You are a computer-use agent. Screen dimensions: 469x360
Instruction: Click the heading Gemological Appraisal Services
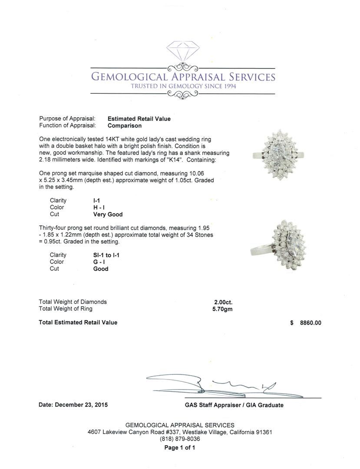tap(182, 77)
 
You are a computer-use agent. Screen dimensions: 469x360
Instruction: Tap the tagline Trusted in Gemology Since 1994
tap(182, 86)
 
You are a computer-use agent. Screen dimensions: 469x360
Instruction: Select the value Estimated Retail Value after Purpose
tap(139, 119)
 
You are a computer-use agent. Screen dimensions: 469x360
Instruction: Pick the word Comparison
tap(125, 126)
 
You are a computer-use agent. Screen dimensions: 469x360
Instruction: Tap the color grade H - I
tap(99, 208)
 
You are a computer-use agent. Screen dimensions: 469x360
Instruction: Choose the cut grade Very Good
tap(108, 215)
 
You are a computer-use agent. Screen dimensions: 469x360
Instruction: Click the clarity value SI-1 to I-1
tap(106, 255)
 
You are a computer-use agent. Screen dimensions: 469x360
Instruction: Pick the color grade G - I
tap(99, 262)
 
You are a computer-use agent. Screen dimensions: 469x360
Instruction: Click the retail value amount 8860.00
tap(310, 323)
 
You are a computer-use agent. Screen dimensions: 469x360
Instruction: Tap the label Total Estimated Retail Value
tap(78, 322)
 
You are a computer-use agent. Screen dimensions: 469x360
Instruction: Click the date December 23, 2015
tap(73, 405)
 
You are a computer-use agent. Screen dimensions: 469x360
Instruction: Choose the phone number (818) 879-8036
tap(180, 439)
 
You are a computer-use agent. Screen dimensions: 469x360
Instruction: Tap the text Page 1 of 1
tap(180, 447)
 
